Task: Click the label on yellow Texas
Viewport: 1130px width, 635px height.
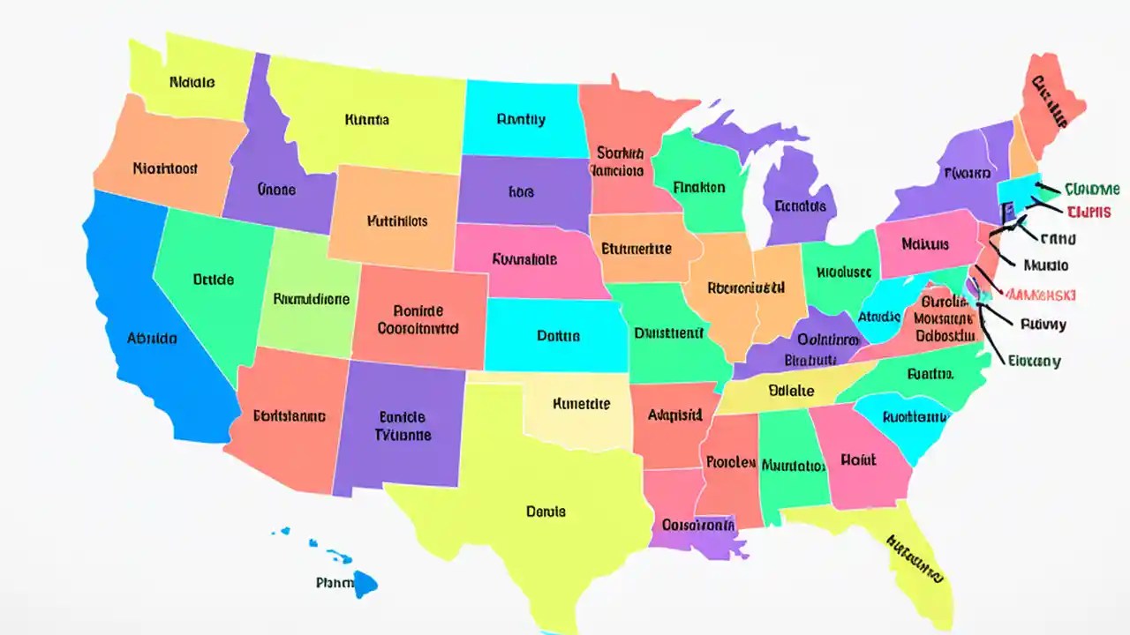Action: click(546, 512)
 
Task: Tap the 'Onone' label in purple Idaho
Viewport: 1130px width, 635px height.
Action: click(276, 190)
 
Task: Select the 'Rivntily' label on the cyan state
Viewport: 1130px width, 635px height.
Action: click(521, 120)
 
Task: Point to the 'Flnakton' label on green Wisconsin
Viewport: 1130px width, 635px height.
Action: click(698, 188)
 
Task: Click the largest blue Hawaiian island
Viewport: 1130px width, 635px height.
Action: click(365, 582)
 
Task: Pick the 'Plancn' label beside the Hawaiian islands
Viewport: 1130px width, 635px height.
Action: click(335, 583)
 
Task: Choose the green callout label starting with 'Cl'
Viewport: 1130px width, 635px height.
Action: click(1092, 190)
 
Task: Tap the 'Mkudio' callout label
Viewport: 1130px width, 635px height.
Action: click(1046, 265)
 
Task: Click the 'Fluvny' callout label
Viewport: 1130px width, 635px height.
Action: click(1043, 325)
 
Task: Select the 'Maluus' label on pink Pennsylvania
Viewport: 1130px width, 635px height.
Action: click(925, 243)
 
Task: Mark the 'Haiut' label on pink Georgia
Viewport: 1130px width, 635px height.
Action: click(858, 459)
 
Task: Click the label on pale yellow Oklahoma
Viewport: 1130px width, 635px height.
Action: click(581, 405)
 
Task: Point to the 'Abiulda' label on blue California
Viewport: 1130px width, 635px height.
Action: click(152, 338)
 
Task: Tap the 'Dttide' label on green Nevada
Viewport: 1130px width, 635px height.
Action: click(213, 280)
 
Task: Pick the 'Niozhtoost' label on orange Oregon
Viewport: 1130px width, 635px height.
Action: click(165, 168)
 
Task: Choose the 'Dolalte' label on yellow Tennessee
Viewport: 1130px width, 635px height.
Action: click(791, 390)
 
